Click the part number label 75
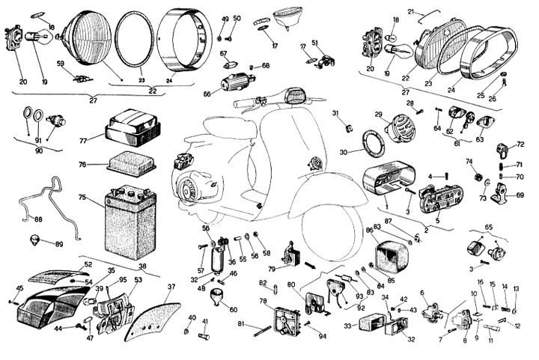tap(82, 198)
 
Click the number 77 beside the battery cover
tap(83, 139)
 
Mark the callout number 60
tap(234, 309)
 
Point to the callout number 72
tap(521, 144)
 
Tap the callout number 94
tap(323, 337)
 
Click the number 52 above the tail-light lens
tap(88, 264)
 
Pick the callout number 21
tap(432, 11)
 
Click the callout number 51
tap(314, 43)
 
